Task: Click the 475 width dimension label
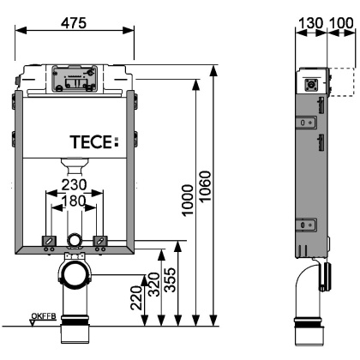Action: click(75, 23)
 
